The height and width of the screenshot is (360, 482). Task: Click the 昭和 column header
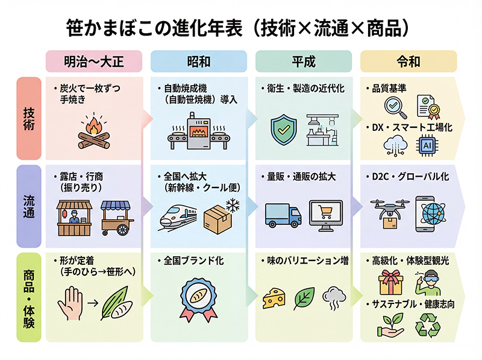click(x=199, y=62)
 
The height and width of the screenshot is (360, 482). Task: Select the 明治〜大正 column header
click(x=93, y=62)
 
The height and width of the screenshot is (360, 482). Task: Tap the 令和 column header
click(x=408, y=62)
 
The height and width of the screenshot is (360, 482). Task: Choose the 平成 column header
click(x=304, y=62)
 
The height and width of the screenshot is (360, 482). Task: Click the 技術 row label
click(x=28, y=118)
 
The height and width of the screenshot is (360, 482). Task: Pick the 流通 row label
click(x=28, y=206)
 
